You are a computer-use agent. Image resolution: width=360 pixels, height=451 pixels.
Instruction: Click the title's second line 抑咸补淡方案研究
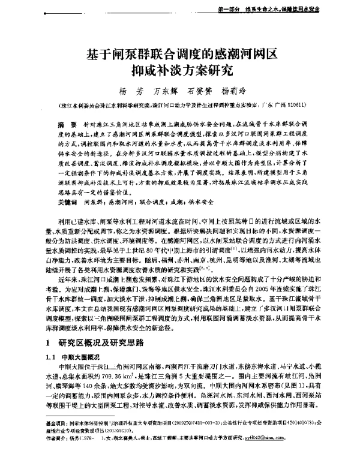(179, 71)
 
